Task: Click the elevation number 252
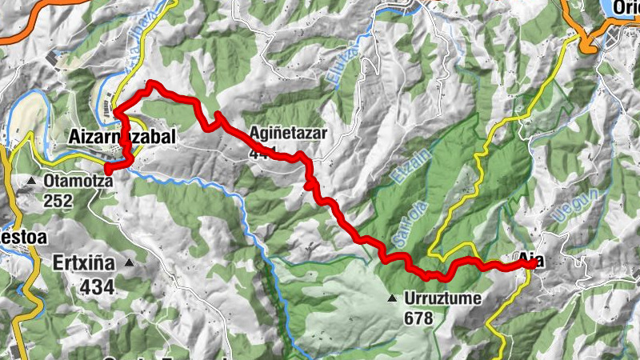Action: point(59,201)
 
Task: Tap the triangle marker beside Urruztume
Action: point(392,299)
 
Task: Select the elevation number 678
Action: point(418,318)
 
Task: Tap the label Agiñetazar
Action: point(289,134)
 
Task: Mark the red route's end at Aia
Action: point(532,264)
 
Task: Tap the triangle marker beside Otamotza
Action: point(31,182)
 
